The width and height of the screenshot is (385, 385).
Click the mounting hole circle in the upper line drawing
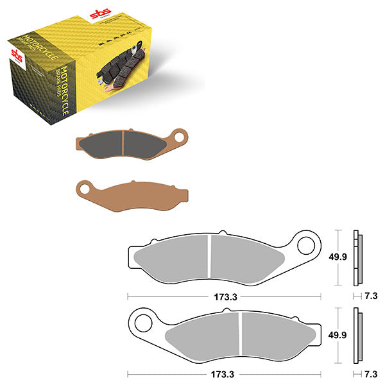(x=307, y=244)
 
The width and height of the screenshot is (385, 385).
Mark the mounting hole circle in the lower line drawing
(x=141, y=319)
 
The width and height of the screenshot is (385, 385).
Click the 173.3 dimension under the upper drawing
(x=224, y=296)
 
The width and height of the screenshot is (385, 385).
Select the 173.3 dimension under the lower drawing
(x=224, y=373)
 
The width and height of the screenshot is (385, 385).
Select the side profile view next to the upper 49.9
(x=358, y=257)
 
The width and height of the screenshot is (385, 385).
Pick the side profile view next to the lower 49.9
(x=358, y=334)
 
